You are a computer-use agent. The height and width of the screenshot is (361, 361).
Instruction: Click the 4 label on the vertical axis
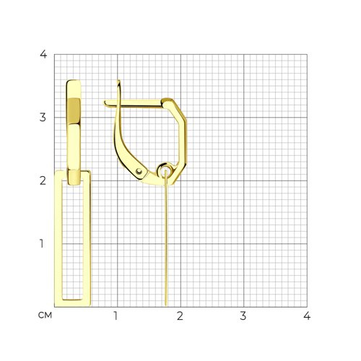(43, 54)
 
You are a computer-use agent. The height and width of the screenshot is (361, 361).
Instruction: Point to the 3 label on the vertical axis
(43, 118)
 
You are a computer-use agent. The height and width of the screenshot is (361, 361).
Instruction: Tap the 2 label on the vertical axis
(43, 180)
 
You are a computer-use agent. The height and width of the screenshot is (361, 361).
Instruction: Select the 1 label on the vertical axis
(42, 244)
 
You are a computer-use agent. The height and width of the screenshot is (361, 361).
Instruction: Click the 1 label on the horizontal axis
(116, 316)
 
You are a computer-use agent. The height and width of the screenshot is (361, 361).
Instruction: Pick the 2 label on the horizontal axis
(180, 316)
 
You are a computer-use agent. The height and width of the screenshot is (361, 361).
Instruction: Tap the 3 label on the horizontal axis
(243, 316)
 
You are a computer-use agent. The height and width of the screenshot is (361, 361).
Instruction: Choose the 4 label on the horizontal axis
(307, 316)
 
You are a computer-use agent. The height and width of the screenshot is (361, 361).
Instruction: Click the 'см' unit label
(45, 316)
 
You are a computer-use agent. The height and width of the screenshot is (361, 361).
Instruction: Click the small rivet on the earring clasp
(139, 171)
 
